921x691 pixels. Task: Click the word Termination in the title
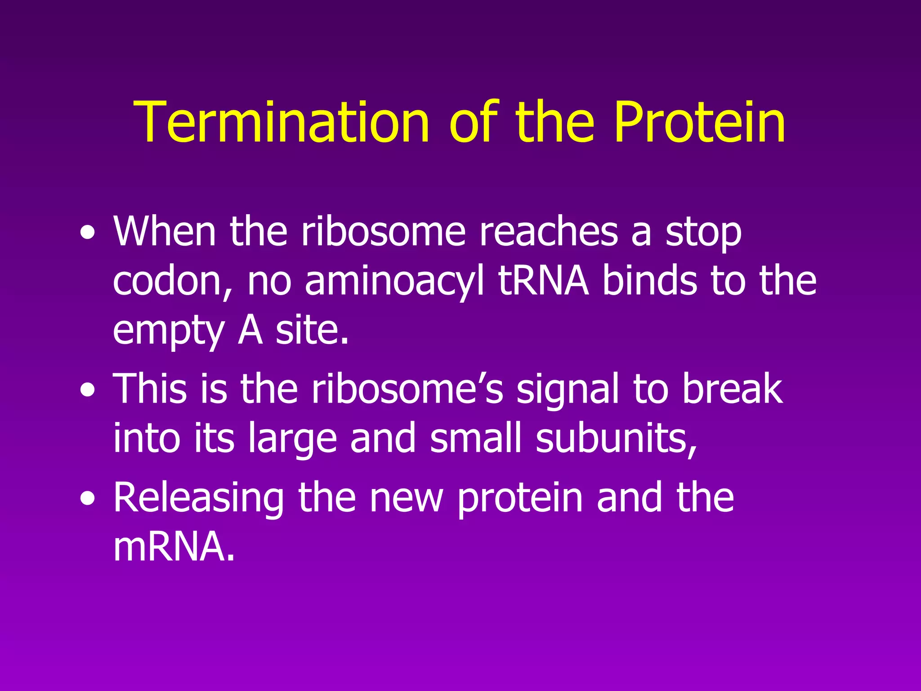tap(282, 122)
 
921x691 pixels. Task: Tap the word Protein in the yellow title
tap(700, 122)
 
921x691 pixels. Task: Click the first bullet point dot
tap(88, 233)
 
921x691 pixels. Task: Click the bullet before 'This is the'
tap(88, 390)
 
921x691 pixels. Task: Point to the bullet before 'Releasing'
tap(88, 499)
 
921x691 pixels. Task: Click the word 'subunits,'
tap(617, 438)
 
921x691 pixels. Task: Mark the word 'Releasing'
tap(199, 498)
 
